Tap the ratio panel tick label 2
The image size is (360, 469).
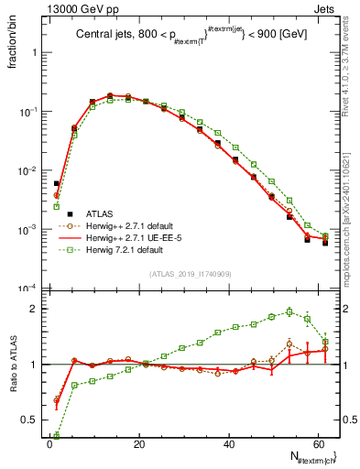point(35,309)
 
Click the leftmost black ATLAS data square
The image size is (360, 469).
point(56,183)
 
